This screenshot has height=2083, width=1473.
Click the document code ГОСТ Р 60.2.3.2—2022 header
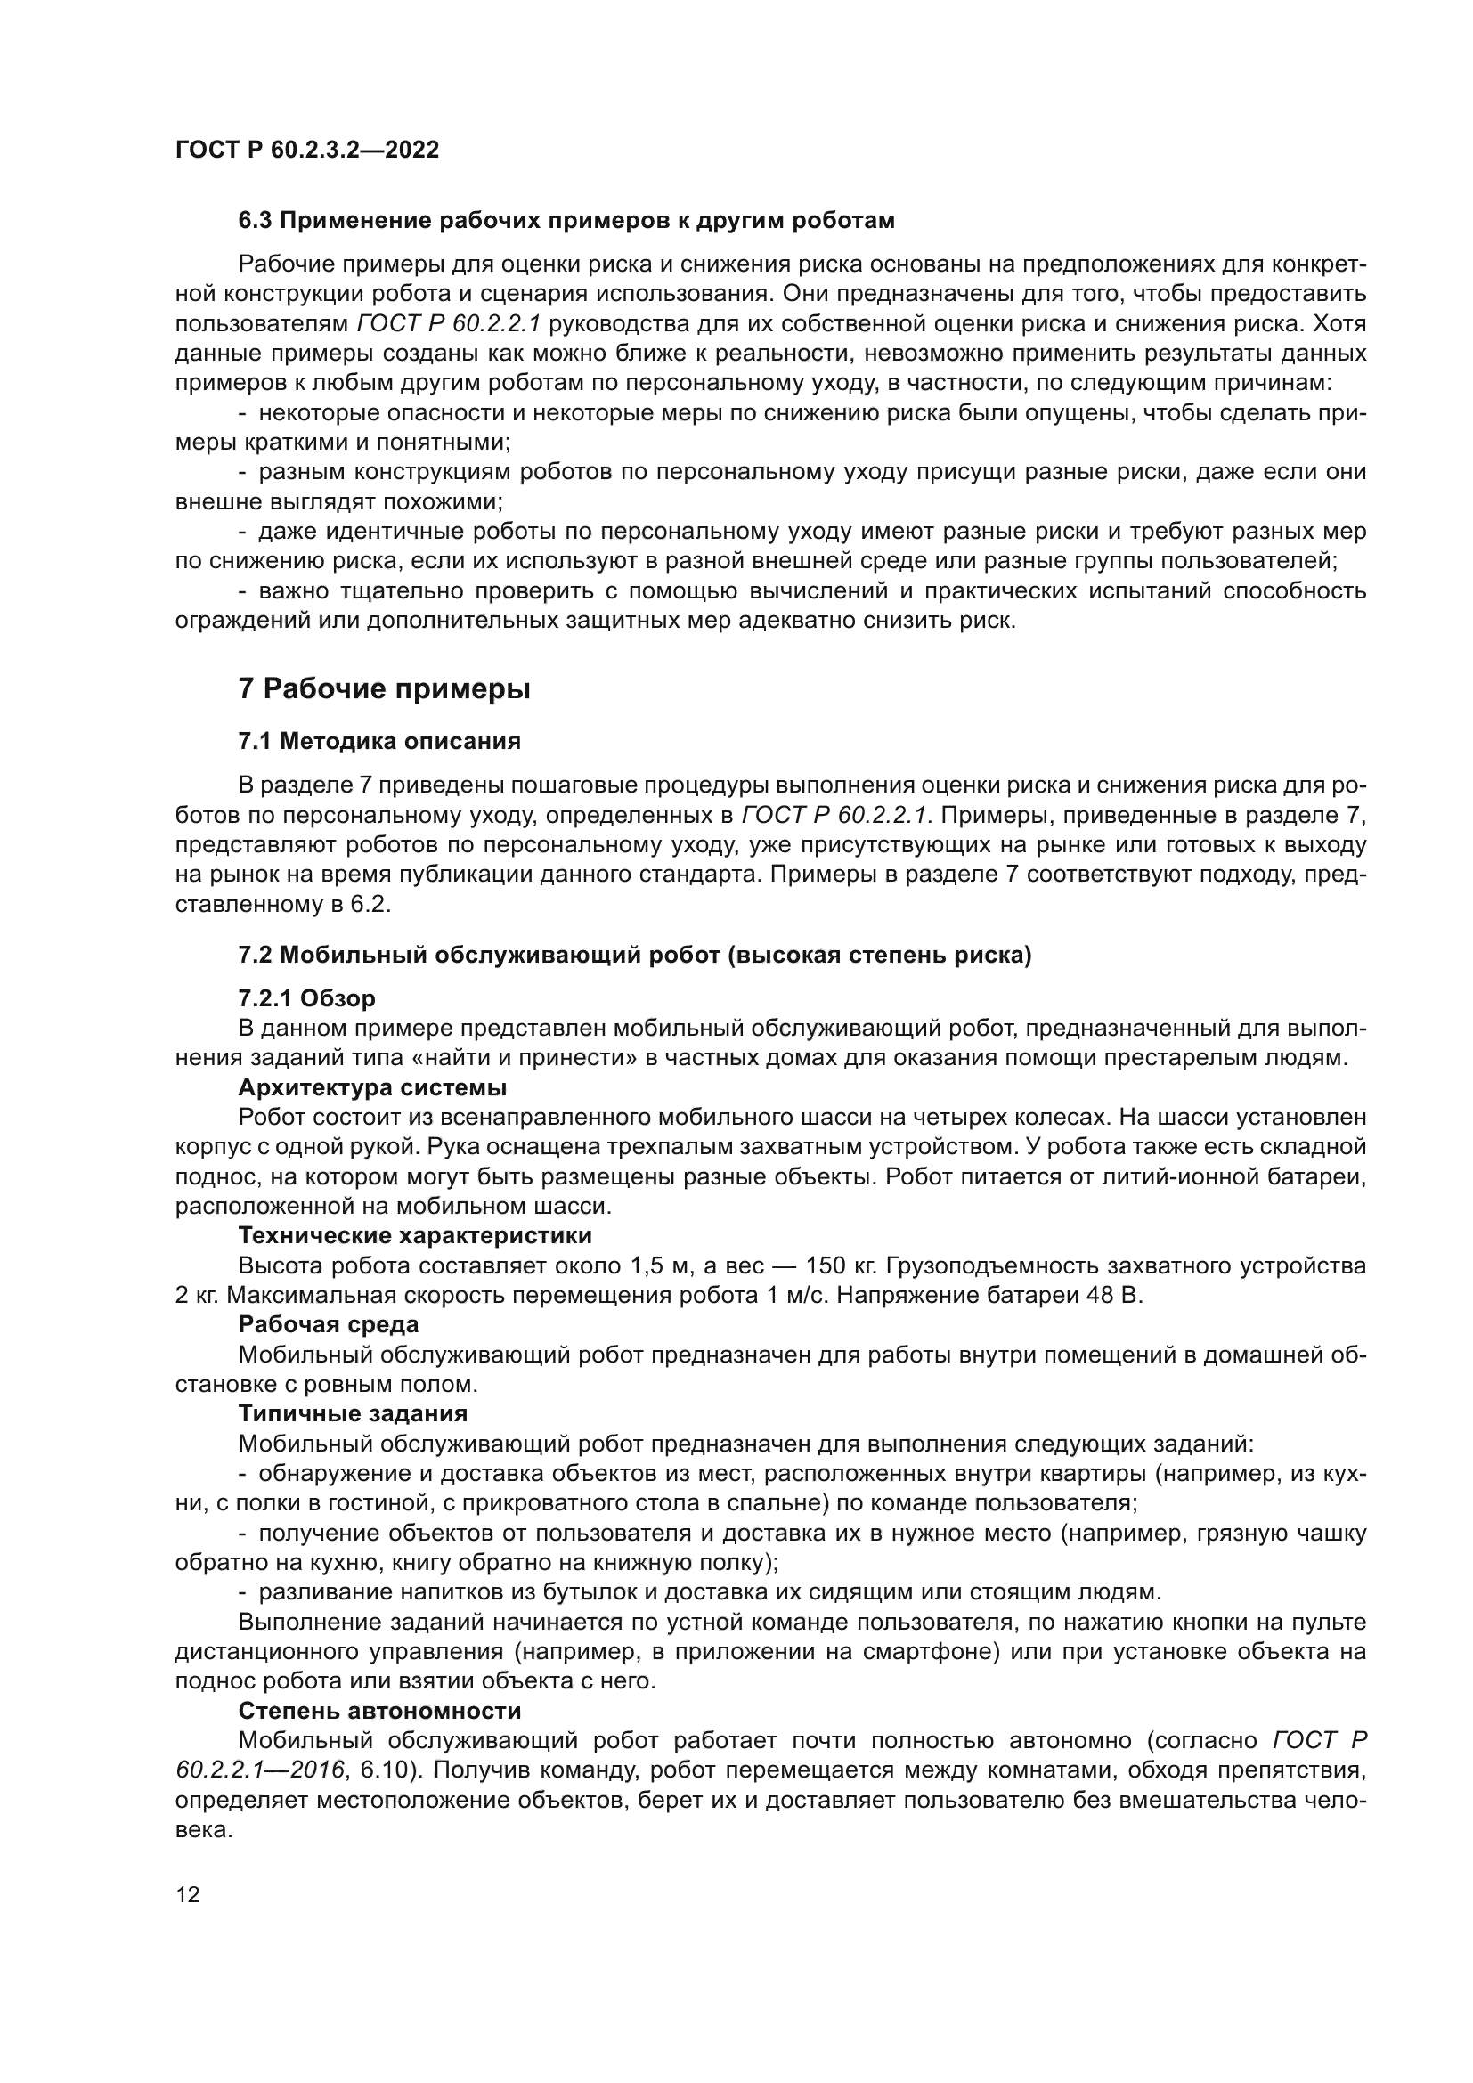[x=306, y=150]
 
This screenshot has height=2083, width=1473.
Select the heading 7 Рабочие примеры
[x=384, y=689]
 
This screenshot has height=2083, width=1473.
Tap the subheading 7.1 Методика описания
[x=379, y=741]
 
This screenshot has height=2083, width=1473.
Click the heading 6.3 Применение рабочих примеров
[x=566, y=221]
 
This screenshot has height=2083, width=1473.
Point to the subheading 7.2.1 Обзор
[x=306, y=999]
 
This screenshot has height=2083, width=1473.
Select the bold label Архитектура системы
[x=372, y=1086]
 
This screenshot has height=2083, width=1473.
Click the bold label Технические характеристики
[x=414, y=1236]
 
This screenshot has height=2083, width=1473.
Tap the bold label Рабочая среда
[x=329, y=1324]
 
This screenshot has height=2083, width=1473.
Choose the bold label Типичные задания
[x=353, y=1413]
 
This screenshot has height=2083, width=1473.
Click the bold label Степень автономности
[x=379, y=1711]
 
